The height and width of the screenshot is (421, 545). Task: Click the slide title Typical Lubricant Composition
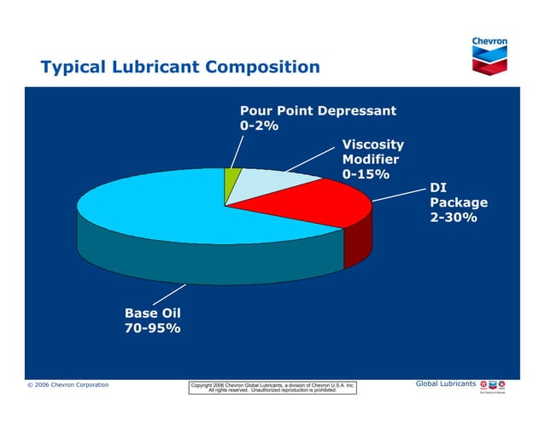(x=180, y=67)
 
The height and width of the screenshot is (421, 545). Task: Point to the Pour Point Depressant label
(x=317, y=111)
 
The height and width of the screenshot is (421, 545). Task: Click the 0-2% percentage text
(x=259, y=126)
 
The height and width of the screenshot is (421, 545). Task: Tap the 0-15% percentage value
(x=366, y=174)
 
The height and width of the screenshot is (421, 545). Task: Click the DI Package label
(x=458, y=196)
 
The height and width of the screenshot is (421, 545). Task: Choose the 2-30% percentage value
(x=453, y=218)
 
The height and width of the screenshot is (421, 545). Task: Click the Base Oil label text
(x=152, y=313)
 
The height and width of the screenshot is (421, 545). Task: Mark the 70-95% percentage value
(x=152, y=329)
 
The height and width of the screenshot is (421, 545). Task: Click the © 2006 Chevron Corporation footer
(x=67, y=385)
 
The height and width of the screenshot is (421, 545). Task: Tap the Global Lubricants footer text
(x=445, y=384)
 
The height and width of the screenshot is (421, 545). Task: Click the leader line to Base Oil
(x=169, y=295)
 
